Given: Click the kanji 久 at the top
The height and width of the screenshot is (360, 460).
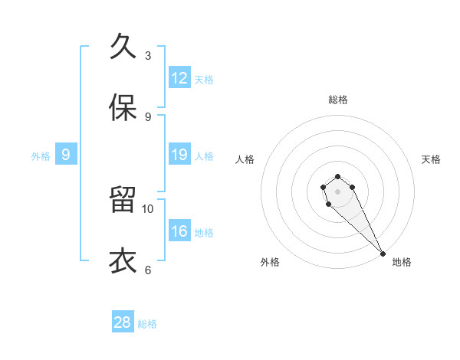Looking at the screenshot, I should pos(123,47).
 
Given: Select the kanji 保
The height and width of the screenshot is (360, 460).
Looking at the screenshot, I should pos(123,108).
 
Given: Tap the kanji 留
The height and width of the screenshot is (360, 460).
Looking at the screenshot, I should pos(123,200).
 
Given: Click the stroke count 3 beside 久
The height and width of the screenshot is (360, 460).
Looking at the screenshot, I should pos(148,55).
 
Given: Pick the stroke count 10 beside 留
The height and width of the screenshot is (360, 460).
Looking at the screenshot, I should pos(148,208).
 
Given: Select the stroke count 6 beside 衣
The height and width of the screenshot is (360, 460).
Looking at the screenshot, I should pos(148,270).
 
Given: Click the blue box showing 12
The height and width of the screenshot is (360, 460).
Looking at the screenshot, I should pos(179,78).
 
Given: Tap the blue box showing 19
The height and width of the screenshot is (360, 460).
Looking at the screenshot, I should pos(179,155).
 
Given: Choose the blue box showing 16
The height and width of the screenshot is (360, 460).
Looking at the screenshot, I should pos(179,231).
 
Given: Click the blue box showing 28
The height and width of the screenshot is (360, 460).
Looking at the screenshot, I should pos(123,322).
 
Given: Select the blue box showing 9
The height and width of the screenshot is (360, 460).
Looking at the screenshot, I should pos(66,155).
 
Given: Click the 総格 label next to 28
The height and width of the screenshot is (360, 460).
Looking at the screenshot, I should pos(147,324).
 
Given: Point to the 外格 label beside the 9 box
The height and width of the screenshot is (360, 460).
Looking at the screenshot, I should pos(41,156).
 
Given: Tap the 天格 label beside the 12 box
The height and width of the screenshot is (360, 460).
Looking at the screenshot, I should pos(204,80).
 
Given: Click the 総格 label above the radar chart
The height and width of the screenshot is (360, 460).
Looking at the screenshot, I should pos(338,100).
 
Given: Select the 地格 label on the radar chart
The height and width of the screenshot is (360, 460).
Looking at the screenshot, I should pos(402,263).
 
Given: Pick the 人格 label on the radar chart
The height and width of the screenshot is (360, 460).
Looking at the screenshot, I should pos(245,159).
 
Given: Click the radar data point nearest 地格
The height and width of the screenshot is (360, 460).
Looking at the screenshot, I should pos(383,254).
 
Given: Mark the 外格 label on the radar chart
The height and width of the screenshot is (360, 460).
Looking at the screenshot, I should pos(270,263).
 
